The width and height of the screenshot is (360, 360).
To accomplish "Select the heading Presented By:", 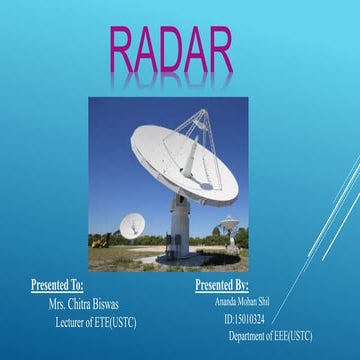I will point(221,286).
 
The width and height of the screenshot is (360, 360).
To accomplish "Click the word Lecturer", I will point(74,321).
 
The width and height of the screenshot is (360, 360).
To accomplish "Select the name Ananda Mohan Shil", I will point(244,302).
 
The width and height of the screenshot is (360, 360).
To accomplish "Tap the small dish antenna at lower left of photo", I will point(131,225).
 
